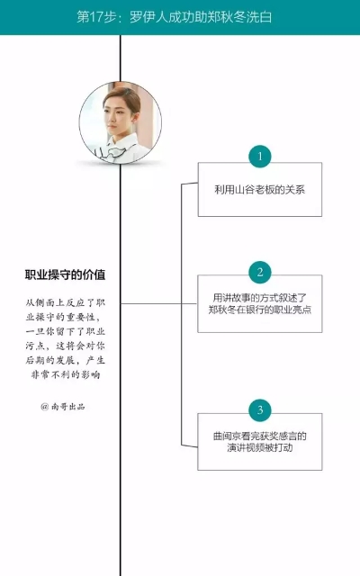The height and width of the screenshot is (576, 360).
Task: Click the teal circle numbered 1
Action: coord(260,156)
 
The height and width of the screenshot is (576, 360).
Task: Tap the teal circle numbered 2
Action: coord(260,272)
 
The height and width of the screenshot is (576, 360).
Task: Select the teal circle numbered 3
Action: coord(260,410)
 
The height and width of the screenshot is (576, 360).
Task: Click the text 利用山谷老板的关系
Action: coord(260,190)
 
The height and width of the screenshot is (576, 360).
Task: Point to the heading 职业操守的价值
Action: coord(65,274)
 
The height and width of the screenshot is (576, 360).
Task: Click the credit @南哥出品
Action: coord(63,406)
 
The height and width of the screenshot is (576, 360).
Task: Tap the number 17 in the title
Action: coord(96,17)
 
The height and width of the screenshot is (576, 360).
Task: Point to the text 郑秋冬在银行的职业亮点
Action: coord(260,310)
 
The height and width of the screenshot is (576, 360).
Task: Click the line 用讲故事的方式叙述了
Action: coord(260,298)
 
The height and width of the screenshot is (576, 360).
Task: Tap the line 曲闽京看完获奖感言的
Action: coord(260,436)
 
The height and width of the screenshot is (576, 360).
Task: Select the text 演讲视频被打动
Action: coord(260,448)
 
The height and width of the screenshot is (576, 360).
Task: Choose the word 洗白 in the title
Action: coord(259,17)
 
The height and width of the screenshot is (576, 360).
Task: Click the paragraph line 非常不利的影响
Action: coord(66,374)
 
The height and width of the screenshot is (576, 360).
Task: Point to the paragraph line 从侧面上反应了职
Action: coord(66,302)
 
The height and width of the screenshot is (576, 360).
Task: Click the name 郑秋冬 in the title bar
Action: coord(213,17)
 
